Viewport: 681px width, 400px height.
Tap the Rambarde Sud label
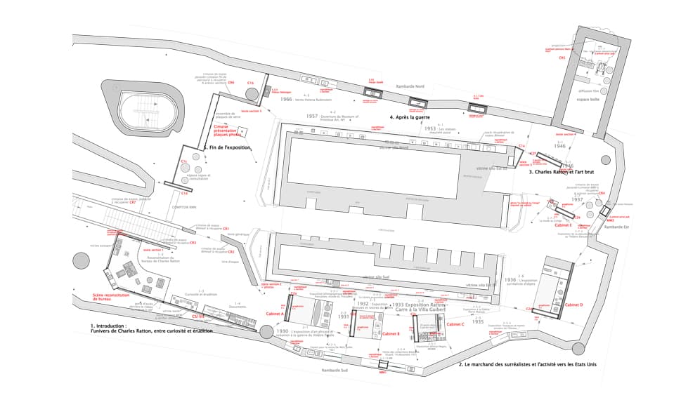coord(328,369)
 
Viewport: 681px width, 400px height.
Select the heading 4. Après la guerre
coord(410,117)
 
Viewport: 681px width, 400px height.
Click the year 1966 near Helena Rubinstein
coord(286,100)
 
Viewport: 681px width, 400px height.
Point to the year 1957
coord(312,116)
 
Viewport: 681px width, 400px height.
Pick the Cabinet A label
coord(274,314)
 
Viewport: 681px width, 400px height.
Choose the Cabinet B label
coord(393,333)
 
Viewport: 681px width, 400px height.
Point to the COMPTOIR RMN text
coord(184,208)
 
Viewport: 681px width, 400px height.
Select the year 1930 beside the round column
coord(283,331)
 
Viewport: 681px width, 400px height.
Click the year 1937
coord(577,200)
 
